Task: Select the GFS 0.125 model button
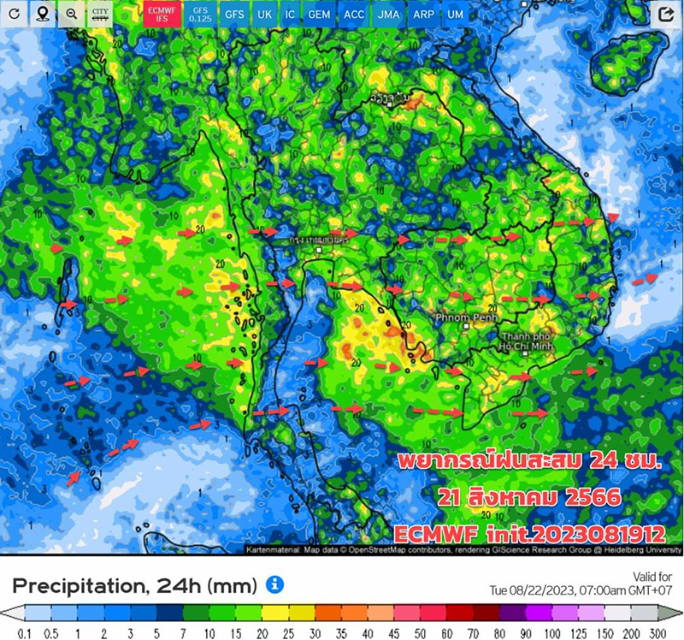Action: click(199, 14)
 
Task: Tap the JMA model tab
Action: click(387, 15)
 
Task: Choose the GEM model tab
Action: click(319, 15)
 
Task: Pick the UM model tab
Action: click(456, 15)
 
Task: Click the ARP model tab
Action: click(422, 15)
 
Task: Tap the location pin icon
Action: click(43, 15)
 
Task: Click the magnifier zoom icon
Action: click(72, 15)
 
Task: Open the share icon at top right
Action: click(666, 15)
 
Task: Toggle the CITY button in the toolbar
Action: click(100, 15)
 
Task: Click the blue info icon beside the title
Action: click(274, 584)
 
